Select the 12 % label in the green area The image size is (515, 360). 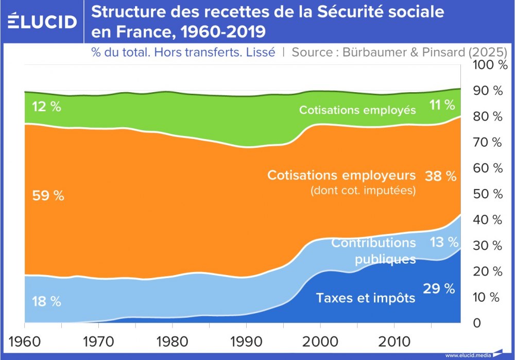(x=46, y=107)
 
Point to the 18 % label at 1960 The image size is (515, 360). (x=46, y=302)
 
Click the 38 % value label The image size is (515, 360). (x=440, y=177)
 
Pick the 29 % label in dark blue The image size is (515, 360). (x=439, y=289)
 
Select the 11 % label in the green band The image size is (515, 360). (x=442, y=106)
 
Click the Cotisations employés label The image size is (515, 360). (x=357, y=110)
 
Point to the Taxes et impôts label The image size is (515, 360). (x=366, y=298)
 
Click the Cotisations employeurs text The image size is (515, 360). (x=341, y=175)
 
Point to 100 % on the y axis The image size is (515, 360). (x=487, y=65)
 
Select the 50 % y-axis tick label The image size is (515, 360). (x=487, y=194)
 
